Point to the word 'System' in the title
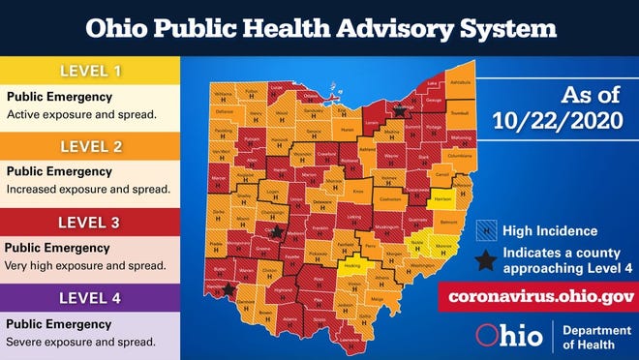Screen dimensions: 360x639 click(502, 29)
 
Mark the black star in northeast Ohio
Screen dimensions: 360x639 click(398, 112)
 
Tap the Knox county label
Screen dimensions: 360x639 click(356, 194)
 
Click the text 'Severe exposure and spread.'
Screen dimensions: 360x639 click(81, 342)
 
